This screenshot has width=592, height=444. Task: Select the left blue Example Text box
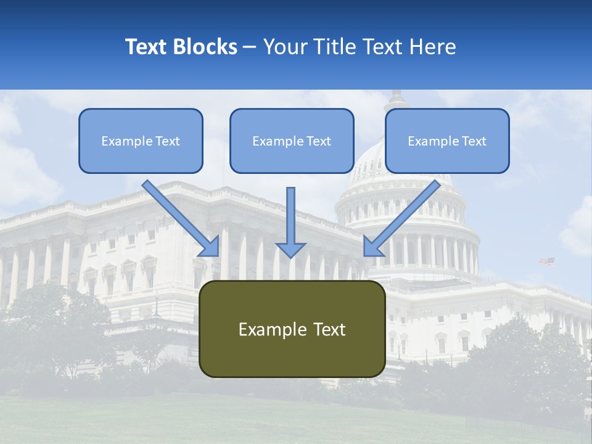(x=141, y=141)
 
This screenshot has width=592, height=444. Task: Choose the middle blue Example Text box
(x=292, y=141)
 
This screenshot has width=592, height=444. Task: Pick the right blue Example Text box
(x=447, y=141)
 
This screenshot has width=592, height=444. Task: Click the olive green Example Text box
(x=292, y=329)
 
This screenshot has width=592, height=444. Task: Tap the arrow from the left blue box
(x=179, y=216)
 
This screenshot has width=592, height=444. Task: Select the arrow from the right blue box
(x=404, y=216)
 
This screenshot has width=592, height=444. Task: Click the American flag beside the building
(x=547, y=261)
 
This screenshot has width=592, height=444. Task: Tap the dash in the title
(x=250, y=47)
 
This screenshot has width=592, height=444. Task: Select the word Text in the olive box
(x=329, y=330)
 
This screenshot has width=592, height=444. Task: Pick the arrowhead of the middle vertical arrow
(x=291, y=250)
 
